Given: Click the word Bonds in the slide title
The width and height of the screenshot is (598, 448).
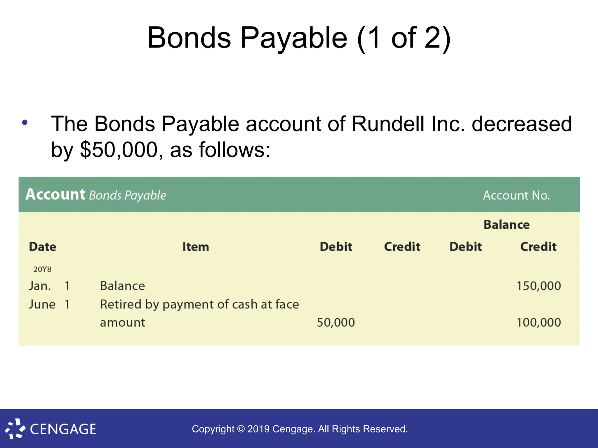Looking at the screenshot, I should click(189, 38).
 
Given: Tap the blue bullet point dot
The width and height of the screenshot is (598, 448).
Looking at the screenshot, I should click(25, 123).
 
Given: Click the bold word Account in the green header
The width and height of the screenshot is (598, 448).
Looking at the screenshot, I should click(55, 195).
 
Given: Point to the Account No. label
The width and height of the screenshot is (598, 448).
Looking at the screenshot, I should click(516, 195).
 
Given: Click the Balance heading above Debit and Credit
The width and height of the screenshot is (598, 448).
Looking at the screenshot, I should click(506, 225).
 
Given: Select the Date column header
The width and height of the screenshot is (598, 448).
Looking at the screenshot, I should click(43, 247).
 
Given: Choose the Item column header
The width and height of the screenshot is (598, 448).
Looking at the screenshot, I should click(196, 247).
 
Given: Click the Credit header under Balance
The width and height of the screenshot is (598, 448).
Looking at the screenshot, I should click(538, 247).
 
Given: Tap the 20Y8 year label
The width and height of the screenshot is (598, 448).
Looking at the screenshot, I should click(42, 269).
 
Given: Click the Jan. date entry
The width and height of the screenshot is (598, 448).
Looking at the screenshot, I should click(40, 286).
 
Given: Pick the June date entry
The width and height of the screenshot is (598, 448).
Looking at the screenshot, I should click(42, 304).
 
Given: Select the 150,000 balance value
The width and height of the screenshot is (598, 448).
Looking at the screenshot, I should click(539, 286).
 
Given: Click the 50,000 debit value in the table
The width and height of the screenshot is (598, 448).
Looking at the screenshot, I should click(336, 323).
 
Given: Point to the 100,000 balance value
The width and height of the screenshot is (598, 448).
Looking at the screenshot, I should click(539, 323).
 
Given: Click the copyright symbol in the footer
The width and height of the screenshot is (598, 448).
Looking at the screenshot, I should click(241, 429).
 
